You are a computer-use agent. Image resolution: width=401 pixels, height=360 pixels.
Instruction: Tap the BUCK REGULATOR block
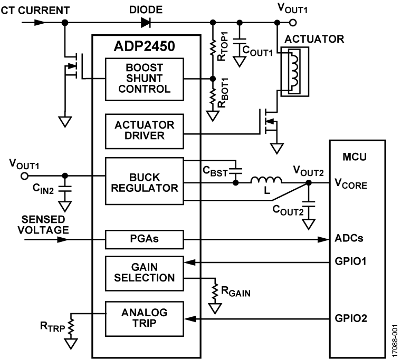click(x=145, y=181)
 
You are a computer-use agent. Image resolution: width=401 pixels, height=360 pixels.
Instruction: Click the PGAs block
click(x=145, y=239)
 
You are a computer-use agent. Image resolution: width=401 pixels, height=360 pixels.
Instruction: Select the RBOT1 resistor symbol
click(x=213, y=98)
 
